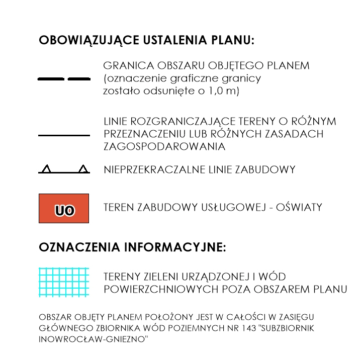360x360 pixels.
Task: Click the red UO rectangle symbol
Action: [x=64, y=208]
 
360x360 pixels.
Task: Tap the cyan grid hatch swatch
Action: [x=64, y=282]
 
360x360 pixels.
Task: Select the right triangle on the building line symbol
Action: [x=83, y=169]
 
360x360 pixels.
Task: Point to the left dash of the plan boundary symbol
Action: [x=51, y=79]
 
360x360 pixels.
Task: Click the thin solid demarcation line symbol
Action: [x=64, y=135]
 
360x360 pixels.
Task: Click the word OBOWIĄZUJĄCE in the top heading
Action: [x=82, y=41]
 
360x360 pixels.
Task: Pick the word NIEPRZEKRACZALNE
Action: [x=154, y=169]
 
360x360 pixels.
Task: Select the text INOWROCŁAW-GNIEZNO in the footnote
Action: [x=94, y=339]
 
